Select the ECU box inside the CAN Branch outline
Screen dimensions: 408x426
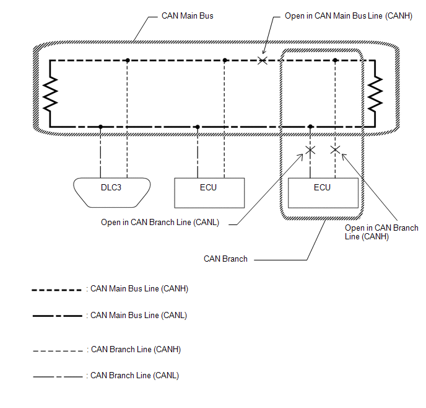pyautogui.click(x=322, y=192)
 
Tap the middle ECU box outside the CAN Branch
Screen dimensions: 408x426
pyautogui.click(x=209, y=192)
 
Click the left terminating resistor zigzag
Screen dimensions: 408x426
pyautogui.click(x=49, y=93)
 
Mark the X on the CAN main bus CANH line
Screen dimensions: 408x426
pyautogui.click(x=263, y=60)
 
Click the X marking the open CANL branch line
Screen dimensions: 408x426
pyautogui.click(x=311, y=150)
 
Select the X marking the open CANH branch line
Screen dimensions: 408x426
pyautogui.click(x=335, y=150)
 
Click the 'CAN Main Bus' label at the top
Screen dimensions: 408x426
pyautogui.click(x=187, y=16)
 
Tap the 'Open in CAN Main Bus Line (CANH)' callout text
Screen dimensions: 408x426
pyautogui.click(x=348, y=16)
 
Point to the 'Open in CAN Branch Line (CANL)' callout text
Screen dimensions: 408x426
pyautogui.click(x=160, y=222)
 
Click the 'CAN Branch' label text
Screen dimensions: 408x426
pyautogui.click(x=225, y=259)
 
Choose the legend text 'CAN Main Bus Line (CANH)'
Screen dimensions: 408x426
pyautogui.click(x=139, y=288)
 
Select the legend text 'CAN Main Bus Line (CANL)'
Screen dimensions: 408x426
pyautogui.click(x=139, y=315)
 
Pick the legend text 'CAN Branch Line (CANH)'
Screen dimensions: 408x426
pyautogui.click(x=136, y=349)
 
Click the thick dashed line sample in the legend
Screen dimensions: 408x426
pyautogui.click(x=57, y=289)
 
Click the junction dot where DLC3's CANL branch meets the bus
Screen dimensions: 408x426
pyautogui.click(x=100, y=126)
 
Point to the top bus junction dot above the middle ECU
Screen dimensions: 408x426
pyautogui.click(x=225, y=60)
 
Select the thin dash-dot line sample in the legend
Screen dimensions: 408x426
pyautogui.click(x=57, y=376)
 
